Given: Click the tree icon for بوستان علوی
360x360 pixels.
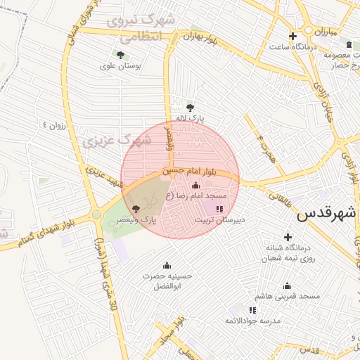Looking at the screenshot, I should pyautogui.click(x=120, y=54).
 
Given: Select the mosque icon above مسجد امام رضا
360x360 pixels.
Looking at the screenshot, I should pyautogui.click(x=195, y=186).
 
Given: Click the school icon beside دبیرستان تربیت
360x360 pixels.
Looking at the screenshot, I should pyautogui.click(x=219, y=209).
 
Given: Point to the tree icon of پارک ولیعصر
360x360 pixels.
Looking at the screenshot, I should pyautogui.click(x=136, y=209).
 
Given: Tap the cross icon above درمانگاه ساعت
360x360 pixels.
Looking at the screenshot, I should pyautogui.click(x=292, y=36).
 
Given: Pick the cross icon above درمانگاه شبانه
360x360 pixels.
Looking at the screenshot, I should pyautogui.click(x=287, y=237).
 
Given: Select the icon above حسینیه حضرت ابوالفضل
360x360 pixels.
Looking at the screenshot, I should pyautogui.click(x=167, y=265).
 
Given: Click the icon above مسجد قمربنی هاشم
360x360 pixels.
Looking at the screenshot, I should pyautogui.click(x=287, y=285).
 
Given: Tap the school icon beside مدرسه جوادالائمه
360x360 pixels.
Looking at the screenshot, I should pyautogui.click(x=252, y=310).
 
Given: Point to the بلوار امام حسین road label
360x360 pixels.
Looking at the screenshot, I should pyautogui.click(x=200, y=170).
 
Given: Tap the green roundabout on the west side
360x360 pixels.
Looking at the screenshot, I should pyautogui.click(x=96, y=214).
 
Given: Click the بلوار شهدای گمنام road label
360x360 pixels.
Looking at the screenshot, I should pyautogui.click(x=41, y=233).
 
